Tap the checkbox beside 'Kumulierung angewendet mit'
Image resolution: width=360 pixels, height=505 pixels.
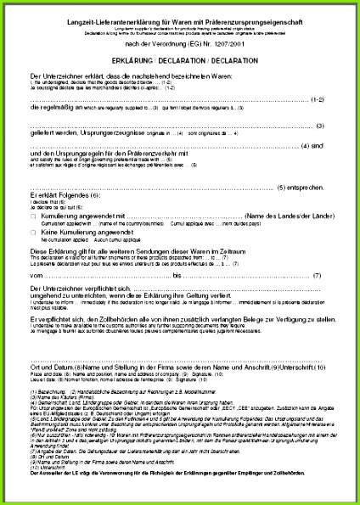click(x=33, y=217)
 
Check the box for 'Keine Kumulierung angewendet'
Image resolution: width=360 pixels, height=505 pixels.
click(x=33, y=232)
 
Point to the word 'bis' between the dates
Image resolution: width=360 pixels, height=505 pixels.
click(x=177, y=275)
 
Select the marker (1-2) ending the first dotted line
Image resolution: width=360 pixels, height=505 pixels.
click(x=315, y=99)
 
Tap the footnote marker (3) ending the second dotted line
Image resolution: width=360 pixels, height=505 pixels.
click(x=319, y=126)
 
